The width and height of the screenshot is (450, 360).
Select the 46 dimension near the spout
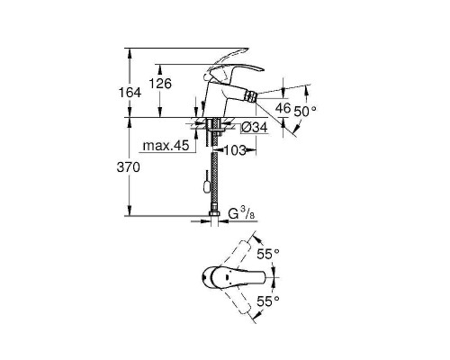pos(282,108)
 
